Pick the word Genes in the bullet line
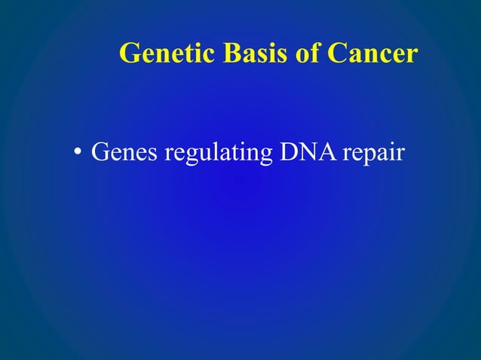tap(124, 153)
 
